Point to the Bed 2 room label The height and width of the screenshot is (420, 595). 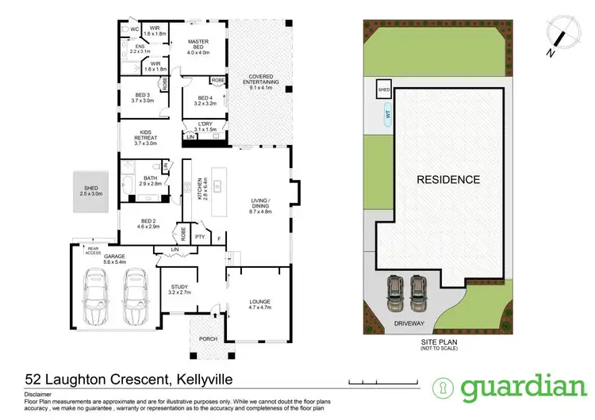pyautogui.click(x=146, y=223)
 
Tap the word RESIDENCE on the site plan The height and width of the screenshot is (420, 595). pyautogui.click(x=450, y=179)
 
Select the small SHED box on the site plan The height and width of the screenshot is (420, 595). pyautogui.click(x=384, y=86)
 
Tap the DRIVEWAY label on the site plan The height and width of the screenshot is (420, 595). pyautogui.click(x=409, y=324)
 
